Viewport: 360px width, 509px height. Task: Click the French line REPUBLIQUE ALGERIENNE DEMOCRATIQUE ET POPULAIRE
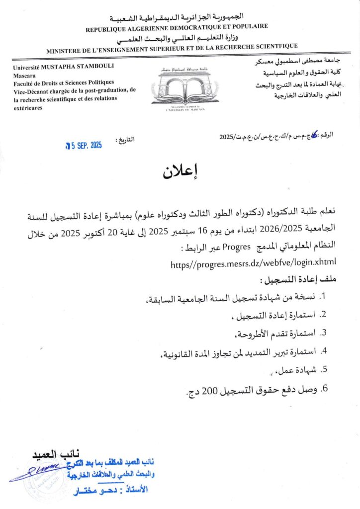(x=177, y=28)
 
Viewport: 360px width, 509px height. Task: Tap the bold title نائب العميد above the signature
(x=53, y=454)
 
